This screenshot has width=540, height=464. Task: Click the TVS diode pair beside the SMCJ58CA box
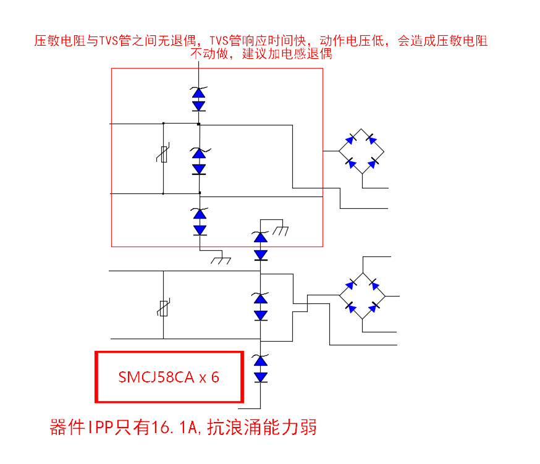tap(261, 369)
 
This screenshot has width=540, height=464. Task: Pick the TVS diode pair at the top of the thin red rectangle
tap(198, 99)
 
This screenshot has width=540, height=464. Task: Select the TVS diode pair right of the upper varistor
tap(198, 161)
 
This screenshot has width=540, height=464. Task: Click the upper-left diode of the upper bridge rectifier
tap(350, 139)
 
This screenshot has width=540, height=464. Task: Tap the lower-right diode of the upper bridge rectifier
tap(373, 164)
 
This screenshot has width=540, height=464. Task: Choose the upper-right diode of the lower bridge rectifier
tap(375, 284)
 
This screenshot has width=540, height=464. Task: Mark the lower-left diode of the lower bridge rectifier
tap(350, 307)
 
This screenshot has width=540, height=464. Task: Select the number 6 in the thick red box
tap(215, 378)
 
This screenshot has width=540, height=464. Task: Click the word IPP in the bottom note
tap(98, 427)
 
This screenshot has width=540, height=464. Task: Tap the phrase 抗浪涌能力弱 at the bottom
tap(262, 427)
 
